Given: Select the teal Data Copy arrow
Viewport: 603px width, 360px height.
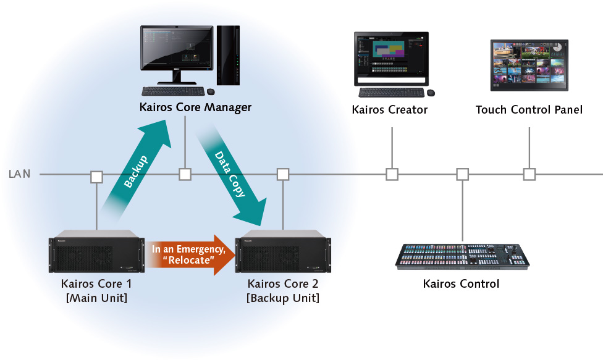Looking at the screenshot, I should click(x=232, y=177).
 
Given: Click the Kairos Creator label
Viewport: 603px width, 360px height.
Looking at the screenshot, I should click(x=389, y=110).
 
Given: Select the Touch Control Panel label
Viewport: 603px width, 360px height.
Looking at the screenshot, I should click(x=529, y=110).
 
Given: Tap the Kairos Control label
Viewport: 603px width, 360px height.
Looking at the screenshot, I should click(x=461, y=285).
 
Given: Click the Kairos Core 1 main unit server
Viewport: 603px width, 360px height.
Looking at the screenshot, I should click(x=96, y=252).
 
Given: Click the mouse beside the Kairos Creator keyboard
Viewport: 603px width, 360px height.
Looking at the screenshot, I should click(x=431, y=93).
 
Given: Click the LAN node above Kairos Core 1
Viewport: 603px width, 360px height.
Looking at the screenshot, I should click(x=96, y=177).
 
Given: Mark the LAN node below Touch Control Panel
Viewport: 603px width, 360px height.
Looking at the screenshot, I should click(x=529, y=175).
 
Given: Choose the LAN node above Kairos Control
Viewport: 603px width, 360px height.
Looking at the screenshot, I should click(x=462, y=175).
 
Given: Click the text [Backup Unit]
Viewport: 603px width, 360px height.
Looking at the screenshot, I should click(x=282, y=298).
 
